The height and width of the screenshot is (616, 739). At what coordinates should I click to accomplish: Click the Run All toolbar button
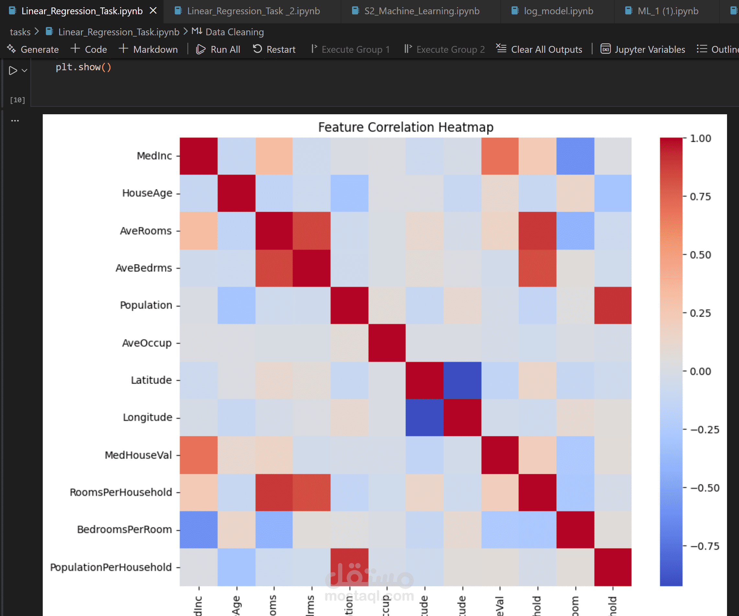(218, 49)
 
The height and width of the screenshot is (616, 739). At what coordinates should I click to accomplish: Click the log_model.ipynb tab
(558, 11)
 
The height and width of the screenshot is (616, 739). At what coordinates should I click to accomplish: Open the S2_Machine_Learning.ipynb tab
(422, 11)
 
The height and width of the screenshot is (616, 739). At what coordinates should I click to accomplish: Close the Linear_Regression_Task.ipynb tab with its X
(153, 11)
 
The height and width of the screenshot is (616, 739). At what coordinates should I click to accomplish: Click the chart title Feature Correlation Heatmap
(405, 127)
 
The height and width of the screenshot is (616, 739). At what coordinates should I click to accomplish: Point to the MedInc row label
(154, 155)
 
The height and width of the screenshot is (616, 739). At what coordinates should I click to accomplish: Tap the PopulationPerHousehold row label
(111, 567)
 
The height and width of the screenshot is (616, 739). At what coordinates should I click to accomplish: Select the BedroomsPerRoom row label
(124, 530)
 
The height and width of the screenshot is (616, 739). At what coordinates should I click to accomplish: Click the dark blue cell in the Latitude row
(462, 380)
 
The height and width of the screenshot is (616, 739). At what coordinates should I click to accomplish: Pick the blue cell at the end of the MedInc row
(575, 156)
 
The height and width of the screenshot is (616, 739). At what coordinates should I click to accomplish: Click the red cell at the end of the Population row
(613, 305)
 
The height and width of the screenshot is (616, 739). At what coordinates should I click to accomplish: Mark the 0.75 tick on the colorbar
(700, 196)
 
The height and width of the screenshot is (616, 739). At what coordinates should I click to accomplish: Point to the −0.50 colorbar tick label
(705, 488)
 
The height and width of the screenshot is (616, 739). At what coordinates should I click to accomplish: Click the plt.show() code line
(84, 67)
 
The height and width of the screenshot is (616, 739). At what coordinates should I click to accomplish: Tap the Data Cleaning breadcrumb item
(234, 32)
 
